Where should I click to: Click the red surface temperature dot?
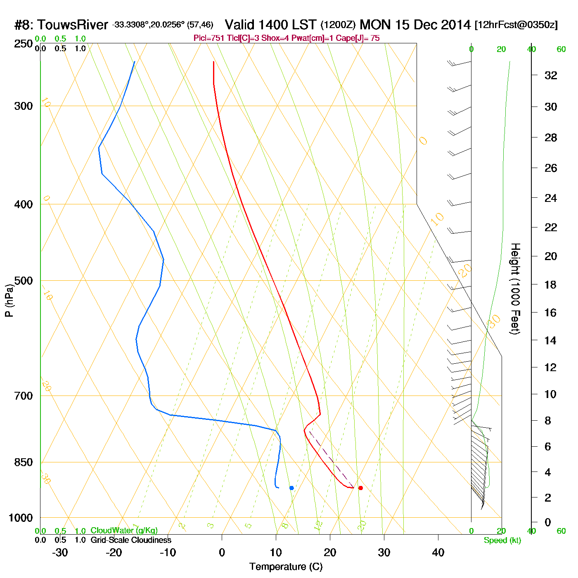point(360,488)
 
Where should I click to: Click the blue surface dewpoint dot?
point(291,488)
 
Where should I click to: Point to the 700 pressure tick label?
point(24,396)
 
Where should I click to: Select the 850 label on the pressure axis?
point(24,462)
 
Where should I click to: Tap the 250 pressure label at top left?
point(24,44)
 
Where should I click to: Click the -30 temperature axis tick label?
point(60,552)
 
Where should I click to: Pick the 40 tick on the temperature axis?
point(438,552)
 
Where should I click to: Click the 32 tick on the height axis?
point(551,76)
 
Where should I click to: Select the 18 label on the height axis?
point(551,284)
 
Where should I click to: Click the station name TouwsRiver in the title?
point(73,25)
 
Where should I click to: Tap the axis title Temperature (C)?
point(286,567)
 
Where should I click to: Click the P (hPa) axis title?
point(9,301)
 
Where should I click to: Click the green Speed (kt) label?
point(502,540)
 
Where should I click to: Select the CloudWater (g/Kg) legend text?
point(124,531)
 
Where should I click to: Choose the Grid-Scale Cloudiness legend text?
point(131,540)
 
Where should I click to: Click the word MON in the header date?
point(375,25)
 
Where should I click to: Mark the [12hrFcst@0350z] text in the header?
point(516,25)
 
